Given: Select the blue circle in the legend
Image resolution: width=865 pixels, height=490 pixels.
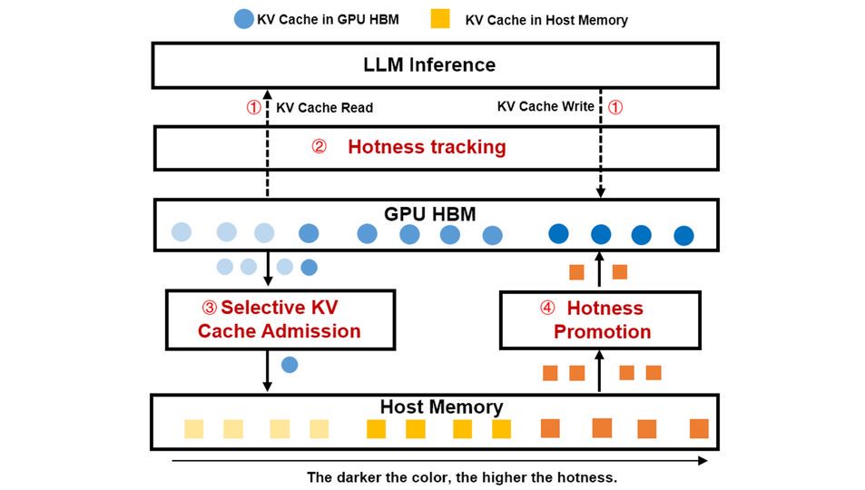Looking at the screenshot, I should pyautogui.click(x=243, y=19).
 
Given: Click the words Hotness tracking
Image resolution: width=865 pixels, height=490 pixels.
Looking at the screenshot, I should pyautogui.click(x=427, y=147).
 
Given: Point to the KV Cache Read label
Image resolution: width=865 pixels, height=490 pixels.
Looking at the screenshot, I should pyautogui.click(x=324, y=107).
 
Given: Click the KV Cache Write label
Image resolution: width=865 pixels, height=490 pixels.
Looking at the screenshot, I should pyautogui.click(x=546, y=106).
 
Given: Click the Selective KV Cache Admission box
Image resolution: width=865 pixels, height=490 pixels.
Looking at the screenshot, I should pyautogui.click(x=280, y=319).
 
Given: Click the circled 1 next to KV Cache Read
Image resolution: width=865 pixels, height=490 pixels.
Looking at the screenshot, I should pyautogui.click(x=253, y=107).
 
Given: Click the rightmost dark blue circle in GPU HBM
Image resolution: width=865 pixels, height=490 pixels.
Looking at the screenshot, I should pyautogui.click(x=683, y=236).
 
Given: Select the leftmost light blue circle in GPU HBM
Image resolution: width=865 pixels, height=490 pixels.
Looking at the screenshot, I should pyautogui.click(x=182, y=231).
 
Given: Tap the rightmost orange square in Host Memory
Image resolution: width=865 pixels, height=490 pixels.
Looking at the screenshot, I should pyautogui.click(x=698, y=428).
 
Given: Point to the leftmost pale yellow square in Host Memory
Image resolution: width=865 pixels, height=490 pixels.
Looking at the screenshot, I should pyautogui.click(x=193, y=429).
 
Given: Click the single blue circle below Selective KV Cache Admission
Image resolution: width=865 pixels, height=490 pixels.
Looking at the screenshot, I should pyautogui.click(x=290, y=365).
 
